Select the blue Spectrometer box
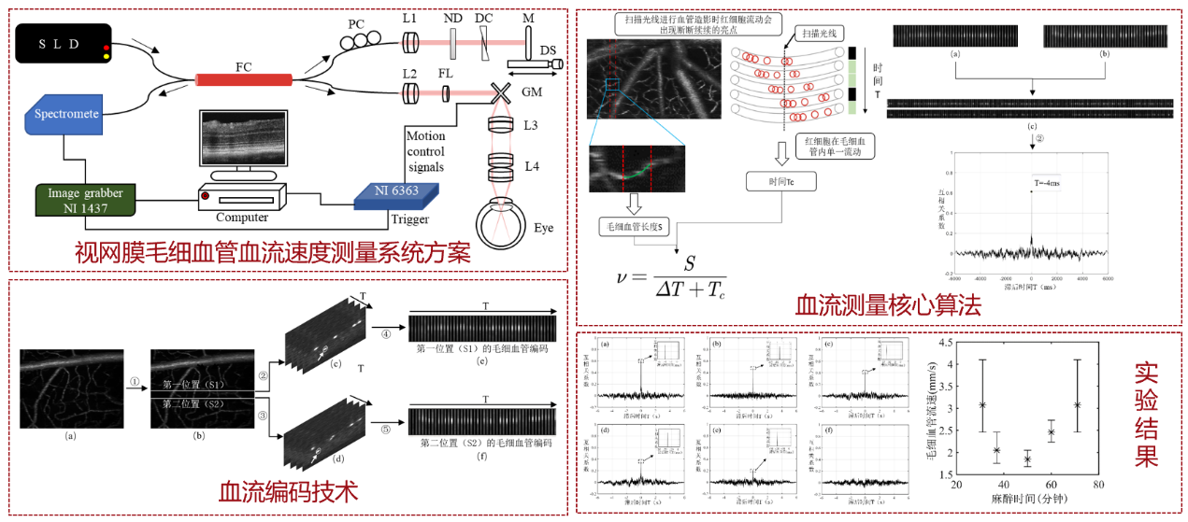tap(66, 113)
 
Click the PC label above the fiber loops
tap(356, 23)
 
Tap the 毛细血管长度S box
tap(636, 227)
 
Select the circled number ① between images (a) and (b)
tap(136, 382)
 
